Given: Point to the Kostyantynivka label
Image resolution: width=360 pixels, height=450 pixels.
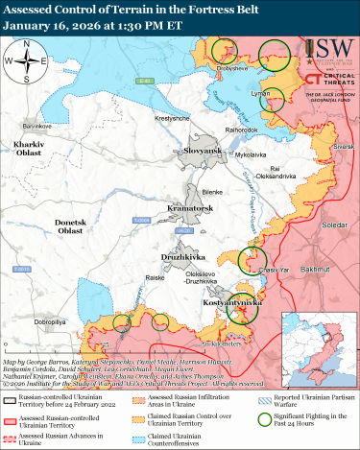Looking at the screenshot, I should click(228, 301).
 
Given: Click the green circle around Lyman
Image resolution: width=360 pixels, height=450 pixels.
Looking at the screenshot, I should click(273, 100).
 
